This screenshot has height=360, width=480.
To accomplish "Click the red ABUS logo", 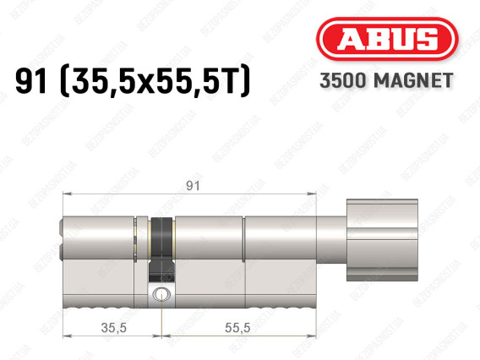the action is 387,39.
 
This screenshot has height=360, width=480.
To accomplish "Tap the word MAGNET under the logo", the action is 413,80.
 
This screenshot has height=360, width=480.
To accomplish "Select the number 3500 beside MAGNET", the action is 343,80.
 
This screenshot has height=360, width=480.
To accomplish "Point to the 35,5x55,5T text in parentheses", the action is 155,81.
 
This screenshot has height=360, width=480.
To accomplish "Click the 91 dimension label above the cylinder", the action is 193,186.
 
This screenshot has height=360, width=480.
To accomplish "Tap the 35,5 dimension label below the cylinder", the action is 114,328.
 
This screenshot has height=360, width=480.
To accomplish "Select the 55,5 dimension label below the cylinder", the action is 237,328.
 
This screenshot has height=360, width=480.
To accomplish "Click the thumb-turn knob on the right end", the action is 382,240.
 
